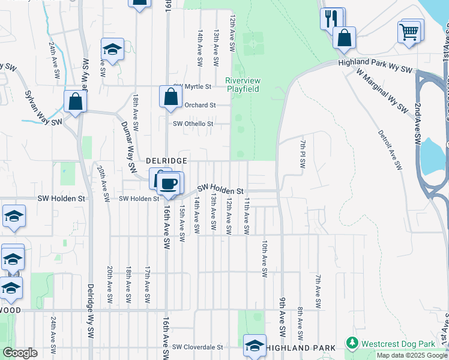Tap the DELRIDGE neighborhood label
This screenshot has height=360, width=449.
point(167,161)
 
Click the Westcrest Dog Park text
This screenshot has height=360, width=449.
point(398,344)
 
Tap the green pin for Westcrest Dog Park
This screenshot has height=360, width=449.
point(352,344)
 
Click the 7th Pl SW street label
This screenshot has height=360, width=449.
point(303,154)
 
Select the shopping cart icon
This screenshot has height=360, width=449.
point(409,31)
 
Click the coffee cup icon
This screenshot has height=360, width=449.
point(169,183)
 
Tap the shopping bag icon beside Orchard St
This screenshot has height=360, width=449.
point(170,97)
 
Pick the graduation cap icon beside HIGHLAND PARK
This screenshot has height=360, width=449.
point(255,345)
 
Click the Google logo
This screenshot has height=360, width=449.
point(20,353)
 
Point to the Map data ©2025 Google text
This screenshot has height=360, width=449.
point(412,355)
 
